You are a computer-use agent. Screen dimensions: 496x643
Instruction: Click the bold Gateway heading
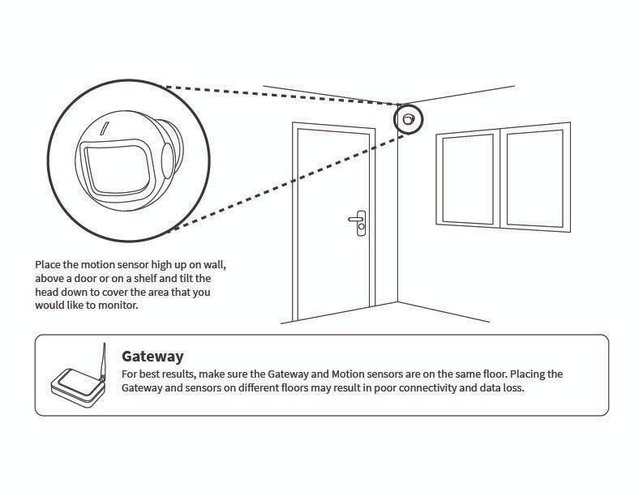(152, 356)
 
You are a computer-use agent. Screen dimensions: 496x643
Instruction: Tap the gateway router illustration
(77, 389)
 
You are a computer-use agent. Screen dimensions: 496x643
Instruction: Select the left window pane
(467, 179)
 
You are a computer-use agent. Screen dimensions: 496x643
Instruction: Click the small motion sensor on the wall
(408, 120)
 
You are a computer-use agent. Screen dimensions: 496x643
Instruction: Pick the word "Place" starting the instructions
(48, 265)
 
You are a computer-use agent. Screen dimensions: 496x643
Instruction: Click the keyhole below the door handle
(360, 228)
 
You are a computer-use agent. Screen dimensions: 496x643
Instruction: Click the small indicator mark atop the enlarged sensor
(103, 128)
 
